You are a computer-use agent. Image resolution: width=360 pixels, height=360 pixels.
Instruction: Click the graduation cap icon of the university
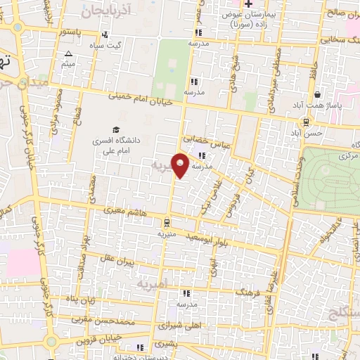pos(117,129)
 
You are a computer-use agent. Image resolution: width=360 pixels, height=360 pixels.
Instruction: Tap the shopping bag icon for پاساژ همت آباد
pos(318,94)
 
